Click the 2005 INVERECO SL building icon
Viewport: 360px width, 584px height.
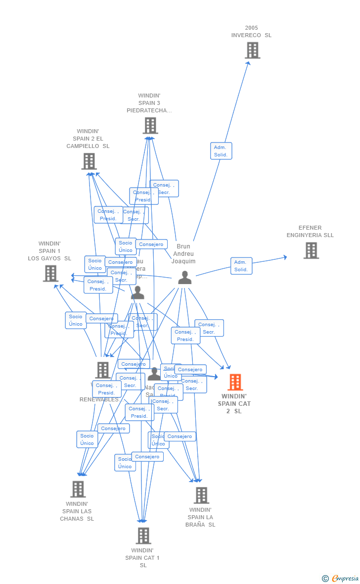[252, 50]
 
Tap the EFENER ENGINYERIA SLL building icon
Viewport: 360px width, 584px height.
[311, 250]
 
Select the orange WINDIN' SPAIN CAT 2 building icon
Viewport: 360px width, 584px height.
[235, 382]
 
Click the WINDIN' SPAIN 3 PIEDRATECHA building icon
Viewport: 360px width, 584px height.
[150, 126]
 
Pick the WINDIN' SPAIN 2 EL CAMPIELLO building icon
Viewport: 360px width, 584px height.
[89, 161]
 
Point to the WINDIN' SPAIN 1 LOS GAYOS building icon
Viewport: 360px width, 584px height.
[50, 273]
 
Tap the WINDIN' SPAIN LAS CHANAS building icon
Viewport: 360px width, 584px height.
[78, 489]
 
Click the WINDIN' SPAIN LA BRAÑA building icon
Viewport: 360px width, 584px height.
[201, 495]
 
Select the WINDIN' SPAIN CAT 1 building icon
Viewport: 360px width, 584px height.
[143, 535]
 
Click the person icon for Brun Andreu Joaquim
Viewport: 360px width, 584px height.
[184, 278]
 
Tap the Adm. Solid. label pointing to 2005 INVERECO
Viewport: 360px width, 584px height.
[221, 151]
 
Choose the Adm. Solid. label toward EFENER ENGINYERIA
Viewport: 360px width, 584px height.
[241, 266]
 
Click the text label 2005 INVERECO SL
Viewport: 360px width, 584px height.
[251, 32]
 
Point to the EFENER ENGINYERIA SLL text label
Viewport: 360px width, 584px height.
[310, 232]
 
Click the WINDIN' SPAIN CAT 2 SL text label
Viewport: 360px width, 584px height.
[234, 403]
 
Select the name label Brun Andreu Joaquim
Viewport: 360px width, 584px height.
[184, 254]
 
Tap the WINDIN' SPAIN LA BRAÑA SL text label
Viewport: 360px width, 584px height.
[200, 517]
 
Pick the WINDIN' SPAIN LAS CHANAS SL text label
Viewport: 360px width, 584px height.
[77, 511]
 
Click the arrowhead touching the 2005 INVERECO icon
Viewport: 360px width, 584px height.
[249, 62]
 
